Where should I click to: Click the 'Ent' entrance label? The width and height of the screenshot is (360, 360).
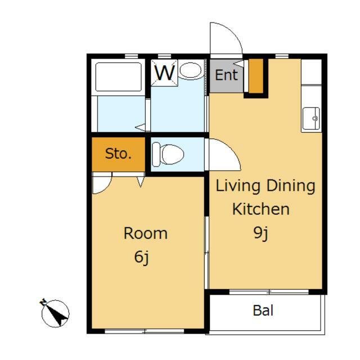coord(226,75)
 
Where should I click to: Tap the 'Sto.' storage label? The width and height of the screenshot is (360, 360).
coord(119,154)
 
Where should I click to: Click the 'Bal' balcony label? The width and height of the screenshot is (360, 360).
coord(263,310)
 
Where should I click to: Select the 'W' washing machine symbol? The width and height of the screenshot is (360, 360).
coord(164,73)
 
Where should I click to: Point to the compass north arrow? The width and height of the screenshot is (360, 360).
coord(55,313)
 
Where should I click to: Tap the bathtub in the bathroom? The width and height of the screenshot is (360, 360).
coord(119,77)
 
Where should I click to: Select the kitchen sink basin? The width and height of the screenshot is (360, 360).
coord(311,119)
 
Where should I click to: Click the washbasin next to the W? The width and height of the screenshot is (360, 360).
coord(191,70)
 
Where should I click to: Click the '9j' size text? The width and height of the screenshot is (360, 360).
coord(261,233)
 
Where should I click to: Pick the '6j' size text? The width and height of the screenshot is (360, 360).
coord(142,257)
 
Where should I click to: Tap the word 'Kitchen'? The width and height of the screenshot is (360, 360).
coord(261,209)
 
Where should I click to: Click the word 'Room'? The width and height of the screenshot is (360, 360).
coord(146,233)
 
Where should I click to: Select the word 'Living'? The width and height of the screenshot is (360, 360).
coord(238,186)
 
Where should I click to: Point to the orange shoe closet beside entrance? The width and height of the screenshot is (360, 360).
coord(256,76)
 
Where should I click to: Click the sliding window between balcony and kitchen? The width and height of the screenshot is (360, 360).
coord(269,292)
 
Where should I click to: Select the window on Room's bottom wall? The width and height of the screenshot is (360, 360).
coord(145,331)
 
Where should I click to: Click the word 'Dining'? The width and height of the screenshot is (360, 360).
coord(291,186)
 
